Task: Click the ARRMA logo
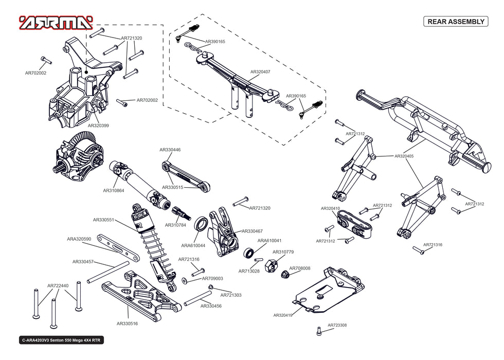pyautogui.click(x=56, y=22)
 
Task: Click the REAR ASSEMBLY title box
pyautogui.click(x=455, y=22)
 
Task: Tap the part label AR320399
pyautogui.click(x=98, y=125)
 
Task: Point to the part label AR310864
pyautogui.click(x=113, y=190)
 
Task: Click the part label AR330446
pyautogui.click(x=170, y=150)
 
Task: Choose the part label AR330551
pyautogui.click(x=103, y=220)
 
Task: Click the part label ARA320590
pyautogui.click(x=79, y=239)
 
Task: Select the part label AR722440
pyautogui.click(x=58, y=285)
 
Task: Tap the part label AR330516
pyautogui.click(x=127, y=323)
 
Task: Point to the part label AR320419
pyautogui.click(x=283, y=315)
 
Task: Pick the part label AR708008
pyautogui.click(x=299, y=268)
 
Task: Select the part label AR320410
pyautogui.click(x=330, y=208)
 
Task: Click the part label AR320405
pyautogui.click(x=404, y=156)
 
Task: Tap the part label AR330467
pyautogui.click(x=252, y=231)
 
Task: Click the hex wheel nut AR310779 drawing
pyautogui.click(x=271, y=266)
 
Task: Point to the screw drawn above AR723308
pyautogui.click(x=319, y=331)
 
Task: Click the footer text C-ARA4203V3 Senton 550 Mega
pyautogui.click(x=61, y=340)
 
